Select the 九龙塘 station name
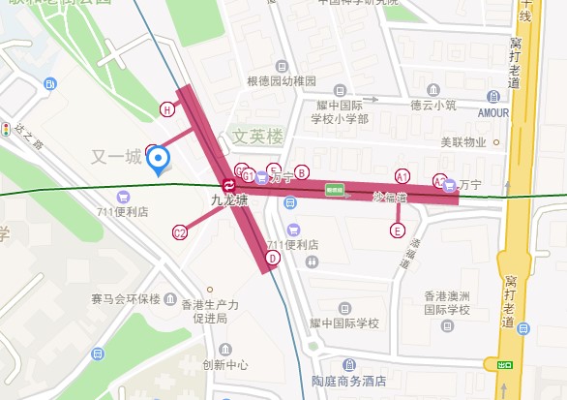pyautogui.click(x=230, y=201)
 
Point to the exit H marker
pyautogui.click(x=167, y=109)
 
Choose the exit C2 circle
pyautogui.click(x=179, y=232)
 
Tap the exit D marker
pyautogui.click(x=273, y=258)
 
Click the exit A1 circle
pyautogui.click(x=403, y=175)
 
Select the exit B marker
pyautogui.click(x=302, y=172)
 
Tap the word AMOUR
pyautogui.click(x=493, y=112)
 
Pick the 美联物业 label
pyautogui.click(x=463, y=142)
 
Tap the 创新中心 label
pyautogui.click(x=224, y=365)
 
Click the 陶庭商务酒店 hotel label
pyautogui.click(x=341, y=381)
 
